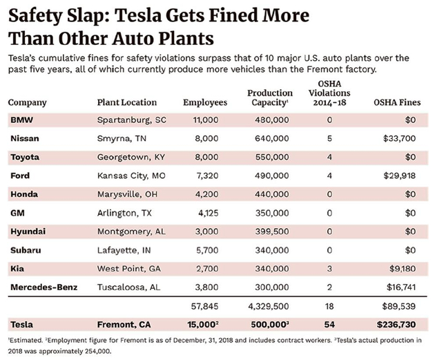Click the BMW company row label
point(21,120)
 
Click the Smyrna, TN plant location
point(123,138)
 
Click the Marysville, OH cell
point(128,194)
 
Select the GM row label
point(18,213)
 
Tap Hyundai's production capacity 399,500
point(272,231)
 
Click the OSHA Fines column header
point(397,103)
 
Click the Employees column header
point(205,103)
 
